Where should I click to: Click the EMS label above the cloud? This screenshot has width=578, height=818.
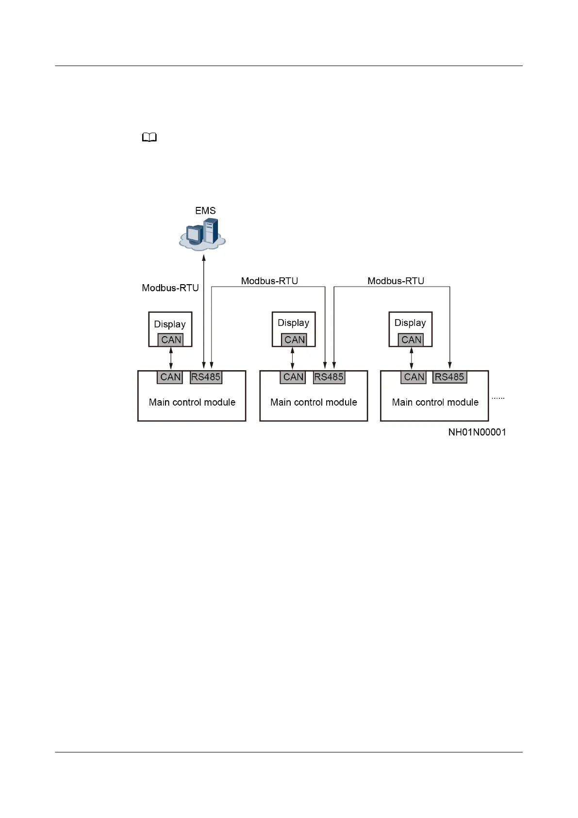coord(205,211)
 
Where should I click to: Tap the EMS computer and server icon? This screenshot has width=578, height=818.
coord(203,234)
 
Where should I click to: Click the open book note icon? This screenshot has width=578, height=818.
coord(149,138)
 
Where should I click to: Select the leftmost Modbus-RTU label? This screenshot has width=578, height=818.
coord(170,288)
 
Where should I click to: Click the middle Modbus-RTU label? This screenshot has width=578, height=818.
coord(269,281)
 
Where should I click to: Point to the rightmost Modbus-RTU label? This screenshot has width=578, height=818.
coord(396,281)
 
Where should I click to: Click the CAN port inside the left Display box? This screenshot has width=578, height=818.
coord(171,340)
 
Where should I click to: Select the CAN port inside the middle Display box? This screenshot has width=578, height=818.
coord(295,340)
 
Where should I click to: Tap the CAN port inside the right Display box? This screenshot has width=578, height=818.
coord(411,340)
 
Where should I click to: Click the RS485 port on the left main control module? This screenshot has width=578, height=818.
coord(206,377)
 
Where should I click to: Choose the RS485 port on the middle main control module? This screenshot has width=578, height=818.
coord(329,377)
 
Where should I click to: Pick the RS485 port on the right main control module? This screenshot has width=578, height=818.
coord(449,377)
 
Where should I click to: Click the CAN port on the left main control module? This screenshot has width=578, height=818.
coord(170,377)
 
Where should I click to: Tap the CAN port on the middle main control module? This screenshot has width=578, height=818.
coord(293,377)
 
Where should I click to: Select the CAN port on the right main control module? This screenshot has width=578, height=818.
coord(414,377)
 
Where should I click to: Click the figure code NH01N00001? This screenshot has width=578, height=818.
coord(477,432)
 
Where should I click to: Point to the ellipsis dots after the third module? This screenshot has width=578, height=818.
coord(498,398)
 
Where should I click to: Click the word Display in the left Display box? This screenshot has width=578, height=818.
coord(170,324)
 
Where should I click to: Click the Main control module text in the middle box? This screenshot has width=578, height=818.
coord(314,402)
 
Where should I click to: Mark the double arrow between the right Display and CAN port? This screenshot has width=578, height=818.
coord(412,358)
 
